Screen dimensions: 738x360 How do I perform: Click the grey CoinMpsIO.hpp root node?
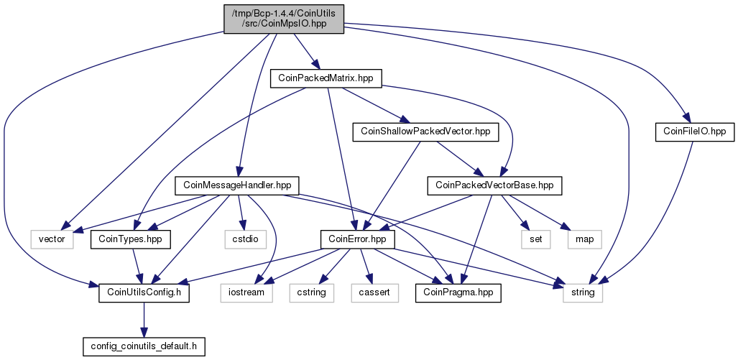click(284, 19)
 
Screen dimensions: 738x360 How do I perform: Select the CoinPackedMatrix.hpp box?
click(326, 78)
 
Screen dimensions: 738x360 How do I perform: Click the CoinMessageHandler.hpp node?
click(236, 186)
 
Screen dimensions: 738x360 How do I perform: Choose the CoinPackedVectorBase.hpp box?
click(494, 186)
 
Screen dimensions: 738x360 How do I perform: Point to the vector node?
click(52, 239)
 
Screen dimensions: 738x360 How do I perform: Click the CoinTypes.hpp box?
click(130, 239)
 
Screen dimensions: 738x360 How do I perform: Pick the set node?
click(535, 239)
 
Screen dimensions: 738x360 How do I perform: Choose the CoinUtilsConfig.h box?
click(144, 293)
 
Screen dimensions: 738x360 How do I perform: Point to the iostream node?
click(246, 293)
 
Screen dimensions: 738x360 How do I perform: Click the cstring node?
click(312, 293)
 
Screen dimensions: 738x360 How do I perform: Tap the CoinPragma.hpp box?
click(458, 293)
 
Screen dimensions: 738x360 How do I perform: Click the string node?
click(583, 293)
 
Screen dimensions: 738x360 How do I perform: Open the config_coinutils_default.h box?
click(144, 346)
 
